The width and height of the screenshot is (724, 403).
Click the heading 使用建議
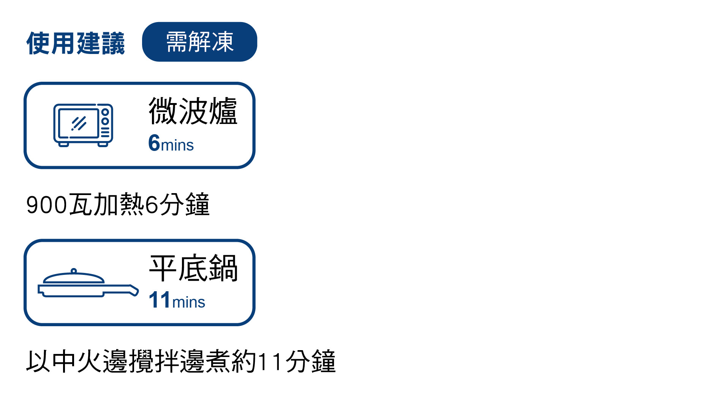(76, 43)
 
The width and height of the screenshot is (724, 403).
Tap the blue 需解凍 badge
(199, 42)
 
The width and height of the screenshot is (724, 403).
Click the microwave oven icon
(83, 125)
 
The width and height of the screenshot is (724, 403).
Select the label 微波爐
(193, 111)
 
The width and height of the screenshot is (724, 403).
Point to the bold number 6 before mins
(154, 143)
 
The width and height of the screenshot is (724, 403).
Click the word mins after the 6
(177, 145)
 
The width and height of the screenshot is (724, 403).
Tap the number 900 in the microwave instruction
(46, 205)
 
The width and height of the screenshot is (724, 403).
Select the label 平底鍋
(193, 268)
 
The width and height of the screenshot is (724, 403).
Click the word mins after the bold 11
(188, 302)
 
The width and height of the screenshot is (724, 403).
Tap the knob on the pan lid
(74, 271)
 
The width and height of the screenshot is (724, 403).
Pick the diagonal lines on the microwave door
(79, 123)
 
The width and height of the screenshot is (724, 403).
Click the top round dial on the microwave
(105, 112)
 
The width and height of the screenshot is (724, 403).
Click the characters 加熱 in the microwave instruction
(119, 205)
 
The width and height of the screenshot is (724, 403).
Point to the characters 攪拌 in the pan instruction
(154, 361)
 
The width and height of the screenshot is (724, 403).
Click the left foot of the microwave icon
(64, 144)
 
